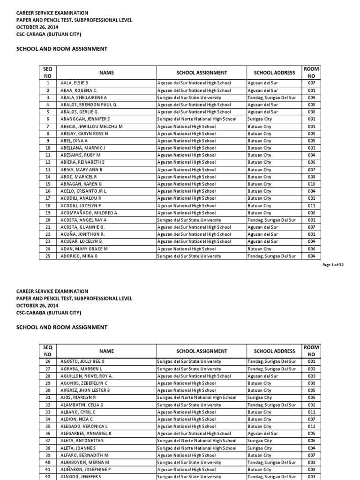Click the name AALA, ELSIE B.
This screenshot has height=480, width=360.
[x=75, y=83]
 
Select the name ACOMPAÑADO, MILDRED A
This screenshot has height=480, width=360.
[x=88, y=213]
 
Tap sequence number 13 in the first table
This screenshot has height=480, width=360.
[x=48, y=170]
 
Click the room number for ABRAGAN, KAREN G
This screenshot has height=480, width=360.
[x=312, y=184]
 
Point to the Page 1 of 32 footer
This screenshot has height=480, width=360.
[x=333, y=265]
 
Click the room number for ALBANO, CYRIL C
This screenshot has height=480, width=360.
[x=312, y=412]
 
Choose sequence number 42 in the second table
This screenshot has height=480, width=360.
[x=48, y=477]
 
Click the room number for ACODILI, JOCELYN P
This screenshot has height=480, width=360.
[x=312, y=206]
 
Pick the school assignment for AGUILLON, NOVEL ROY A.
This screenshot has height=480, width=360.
[x=194, y=376]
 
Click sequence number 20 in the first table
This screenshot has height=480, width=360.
[x=48, y=220]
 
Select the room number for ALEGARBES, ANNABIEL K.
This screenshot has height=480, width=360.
[x=312, y=434]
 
